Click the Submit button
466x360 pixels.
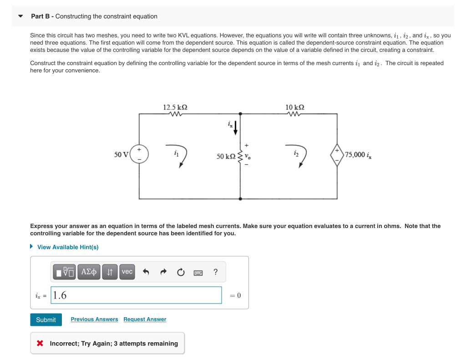(x=46, y=319)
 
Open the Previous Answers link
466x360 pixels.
(x=94, y=319)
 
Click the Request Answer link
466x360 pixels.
(x=145, y=319)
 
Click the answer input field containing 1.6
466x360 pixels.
(x=136, y=295)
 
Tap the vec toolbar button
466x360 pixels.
(x=127, y=272)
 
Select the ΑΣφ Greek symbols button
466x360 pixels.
(x=89, y=272)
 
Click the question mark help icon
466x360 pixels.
(x=215, y=272)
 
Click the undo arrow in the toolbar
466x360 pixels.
(x=146, y=272)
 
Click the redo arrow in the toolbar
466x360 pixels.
(x=163, y=272)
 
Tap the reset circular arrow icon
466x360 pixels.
(x=181, y=272)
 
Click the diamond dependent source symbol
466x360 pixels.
(x=337, y=155)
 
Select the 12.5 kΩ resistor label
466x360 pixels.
(x=175, y=107)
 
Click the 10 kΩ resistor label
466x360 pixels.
(x=295, y=107)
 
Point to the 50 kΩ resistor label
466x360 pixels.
(x=226, y=157)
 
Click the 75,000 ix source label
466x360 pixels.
(x=358, y=155)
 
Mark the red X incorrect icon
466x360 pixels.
(x=41, y=344)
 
